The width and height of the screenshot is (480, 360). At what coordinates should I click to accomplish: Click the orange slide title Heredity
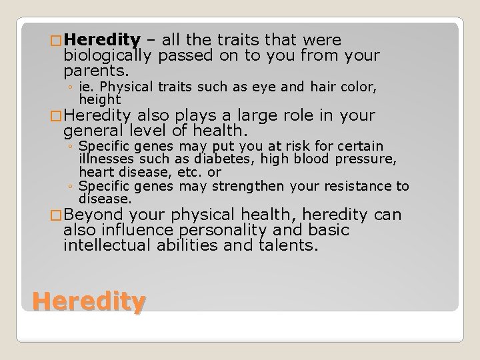tap(89, 303)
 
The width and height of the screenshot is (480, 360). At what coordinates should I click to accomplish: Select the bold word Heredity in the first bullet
tap(103, 40)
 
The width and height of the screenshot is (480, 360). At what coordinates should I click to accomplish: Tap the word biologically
tap(109, 55)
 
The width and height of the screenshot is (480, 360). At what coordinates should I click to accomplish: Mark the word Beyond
tap(94, 215)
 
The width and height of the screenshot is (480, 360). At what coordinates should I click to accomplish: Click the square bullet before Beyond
tap(58, 216)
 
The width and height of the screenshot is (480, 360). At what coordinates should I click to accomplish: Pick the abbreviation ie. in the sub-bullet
tap(85, 87)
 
